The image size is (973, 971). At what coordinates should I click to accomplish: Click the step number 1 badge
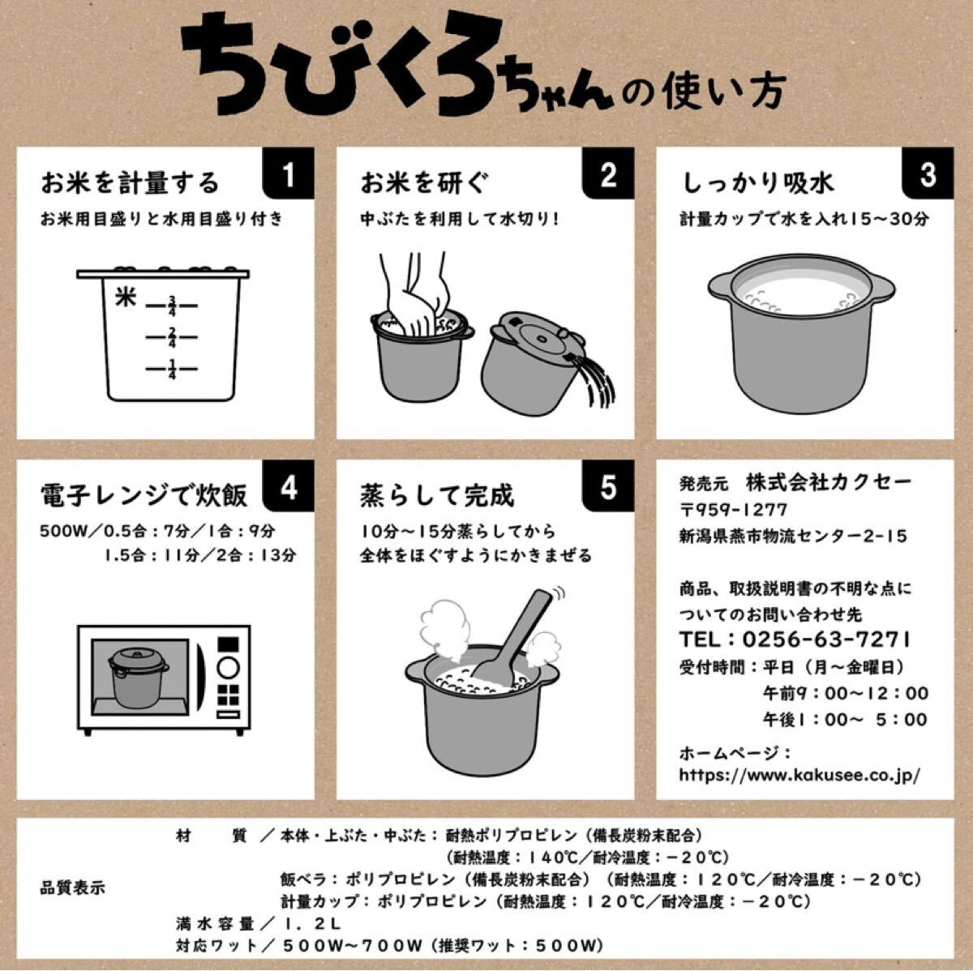point(289,173)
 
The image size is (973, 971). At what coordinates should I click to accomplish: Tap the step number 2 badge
point(608,173)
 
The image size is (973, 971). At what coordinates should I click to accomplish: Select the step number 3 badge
point(928,173)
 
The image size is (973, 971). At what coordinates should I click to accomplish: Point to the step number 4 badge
point(289,486)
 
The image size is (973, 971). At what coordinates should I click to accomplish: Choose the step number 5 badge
point(608,486)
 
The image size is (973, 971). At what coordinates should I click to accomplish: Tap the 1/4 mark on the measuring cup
point(172,369)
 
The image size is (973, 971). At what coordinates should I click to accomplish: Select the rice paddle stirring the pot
point(510,637)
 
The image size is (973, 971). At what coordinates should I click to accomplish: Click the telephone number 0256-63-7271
point(826,639)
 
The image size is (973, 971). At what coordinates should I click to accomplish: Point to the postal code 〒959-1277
point(733,510)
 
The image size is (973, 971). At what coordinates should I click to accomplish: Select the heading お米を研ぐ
point(425,183)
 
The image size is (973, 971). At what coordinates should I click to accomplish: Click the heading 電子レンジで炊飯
point(144,495)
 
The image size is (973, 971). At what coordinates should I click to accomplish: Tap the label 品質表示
point(73,888)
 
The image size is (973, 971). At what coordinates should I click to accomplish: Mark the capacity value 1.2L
point(312,924)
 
